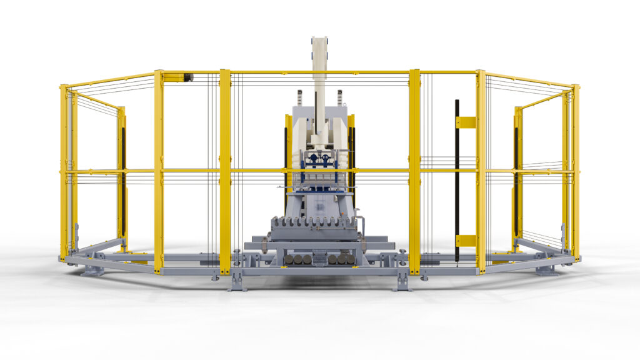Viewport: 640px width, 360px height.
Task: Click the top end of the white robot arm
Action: [x=319, y=41]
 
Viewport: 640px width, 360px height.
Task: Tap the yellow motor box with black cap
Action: [x=178, y=77]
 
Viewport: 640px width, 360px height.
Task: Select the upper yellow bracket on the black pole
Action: [x=466, y=122]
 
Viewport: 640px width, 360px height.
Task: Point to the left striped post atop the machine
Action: [x=299, y=97]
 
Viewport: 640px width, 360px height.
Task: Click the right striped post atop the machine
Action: [x=339, y=97]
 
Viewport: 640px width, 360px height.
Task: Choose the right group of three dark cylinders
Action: [x=342, y=258]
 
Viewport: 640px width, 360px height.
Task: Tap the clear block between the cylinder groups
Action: [x=320, y=257]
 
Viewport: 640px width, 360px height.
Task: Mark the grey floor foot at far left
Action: [x=92, y=271]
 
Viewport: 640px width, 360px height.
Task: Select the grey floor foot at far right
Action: [x=546, y=271]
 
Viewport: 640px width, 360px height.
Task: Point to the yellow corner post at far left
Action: [x=64, y=172]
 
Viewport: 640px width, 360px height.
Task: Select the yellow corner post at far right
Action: [x=575, y=172]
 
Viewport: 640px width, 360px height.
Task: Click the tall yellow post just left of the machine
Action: [x=225, y=172]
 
